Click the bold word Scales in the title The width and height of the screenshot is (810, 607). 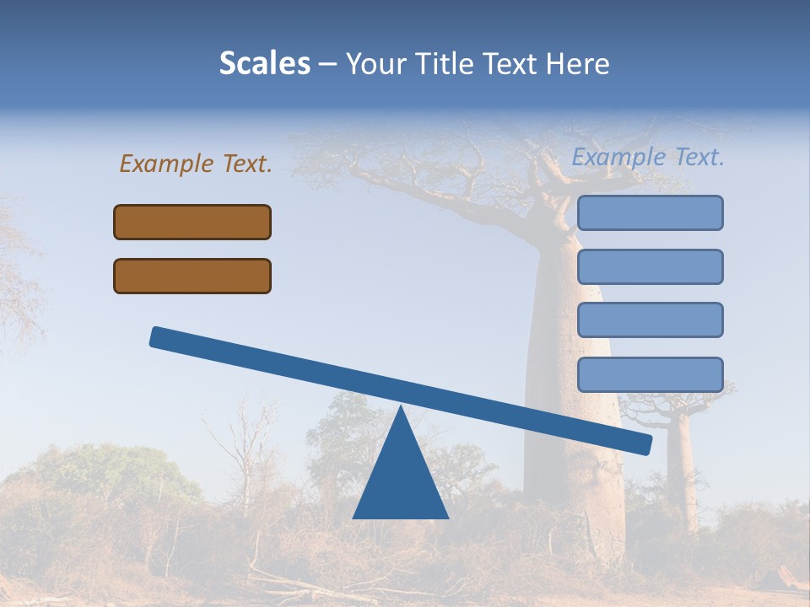tap(265, 63)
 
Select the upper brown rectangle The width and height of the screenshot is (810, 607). tap(192, 222)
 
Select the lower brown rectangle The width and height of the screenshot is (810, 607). tap(192, 276)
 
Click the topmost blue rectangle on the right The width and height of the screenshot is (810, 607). tap(650, 212)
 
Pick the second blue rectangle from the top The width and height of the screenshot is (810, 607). tap(650, 266)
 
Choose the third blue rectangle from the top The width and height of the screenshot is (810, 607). tap(650, 320)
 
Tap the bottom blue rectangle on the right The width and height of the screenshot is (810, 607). tap(650, 374)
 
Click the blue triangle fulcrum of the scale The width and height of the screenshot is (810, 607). tap(401, 481)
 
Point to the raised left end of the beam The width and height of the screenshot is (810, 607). tap(160, 337)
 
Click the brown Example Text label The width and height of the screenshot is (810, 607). tap(196, 164)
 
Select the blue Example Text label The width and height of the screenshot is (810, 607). tap(648, 157)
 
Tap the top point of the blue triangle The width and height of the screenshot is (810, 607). tap(401, 409)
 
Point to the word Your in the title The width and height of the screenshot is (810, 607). tap(372, 63)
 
